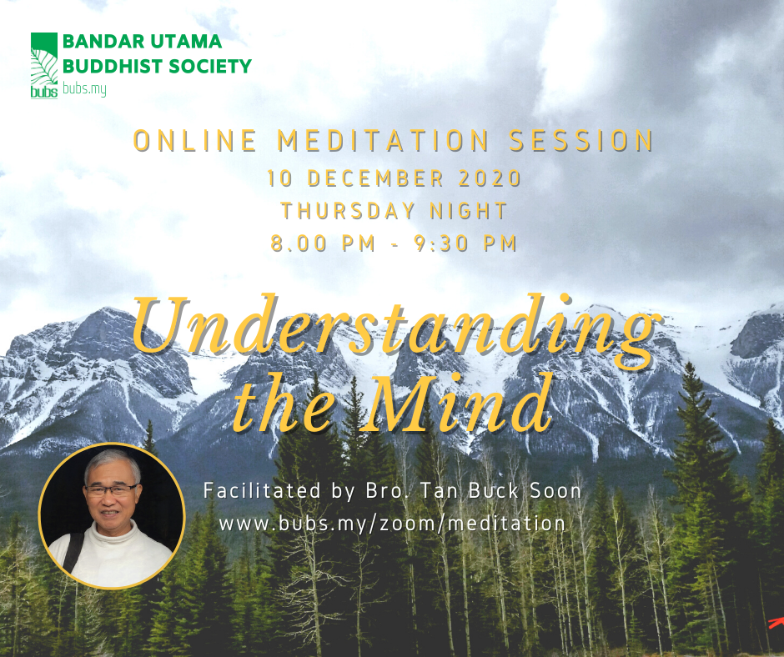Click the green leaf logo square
[x=44, y=65]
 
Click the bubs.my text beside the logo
[x=84, y=89]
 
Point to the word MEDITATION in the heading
[x=383, y=141]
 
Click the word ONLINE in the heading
[x=195, y=141]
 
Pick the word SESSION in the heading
[x=581, y=141]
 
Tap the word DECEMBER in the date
[x=375, y=178]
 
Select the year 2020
[x=490, y=178]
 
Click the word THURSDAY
[x=348, y=211]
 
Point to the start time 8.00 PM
[x=323, y=243]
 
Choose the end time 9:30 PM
[x=465, y=243]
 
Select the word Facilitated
[x=262, y=490]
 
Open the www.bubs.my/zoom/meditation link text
[x=393, y=524]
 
